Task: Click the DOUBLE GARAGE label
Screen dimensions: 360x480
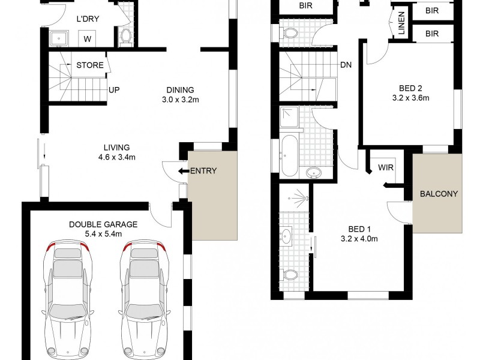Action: pyautogui.click(x=103, y=224)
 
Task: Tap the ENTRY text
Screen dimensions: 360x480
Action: pyautogui.click(x=203, y=171)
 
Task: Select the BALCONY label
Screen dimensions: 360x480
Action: pyautogui.click(x=439, y=194)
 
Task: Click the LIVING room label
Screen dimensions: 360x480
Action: pyautogui.click(x=116, y=148)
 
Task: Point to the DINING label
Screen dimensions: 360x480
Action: pyautogui.click(x=181, y=91)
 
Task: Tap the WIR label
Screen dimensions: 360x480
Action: pyautogui.click(x=386, y=167)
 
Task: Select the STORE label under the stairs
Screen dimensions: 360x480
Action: pyautogui.click(x=90, y=65)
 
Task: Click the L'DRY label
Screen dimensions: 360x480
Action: pyautogui.click(x=88, y=19)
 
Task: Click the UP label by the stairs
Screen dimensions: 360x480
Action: pyautogui.click(x=113, y=90)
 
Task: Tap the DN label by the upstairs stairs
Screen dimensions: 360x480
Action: pyautogui.click(x=346, y=65)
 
